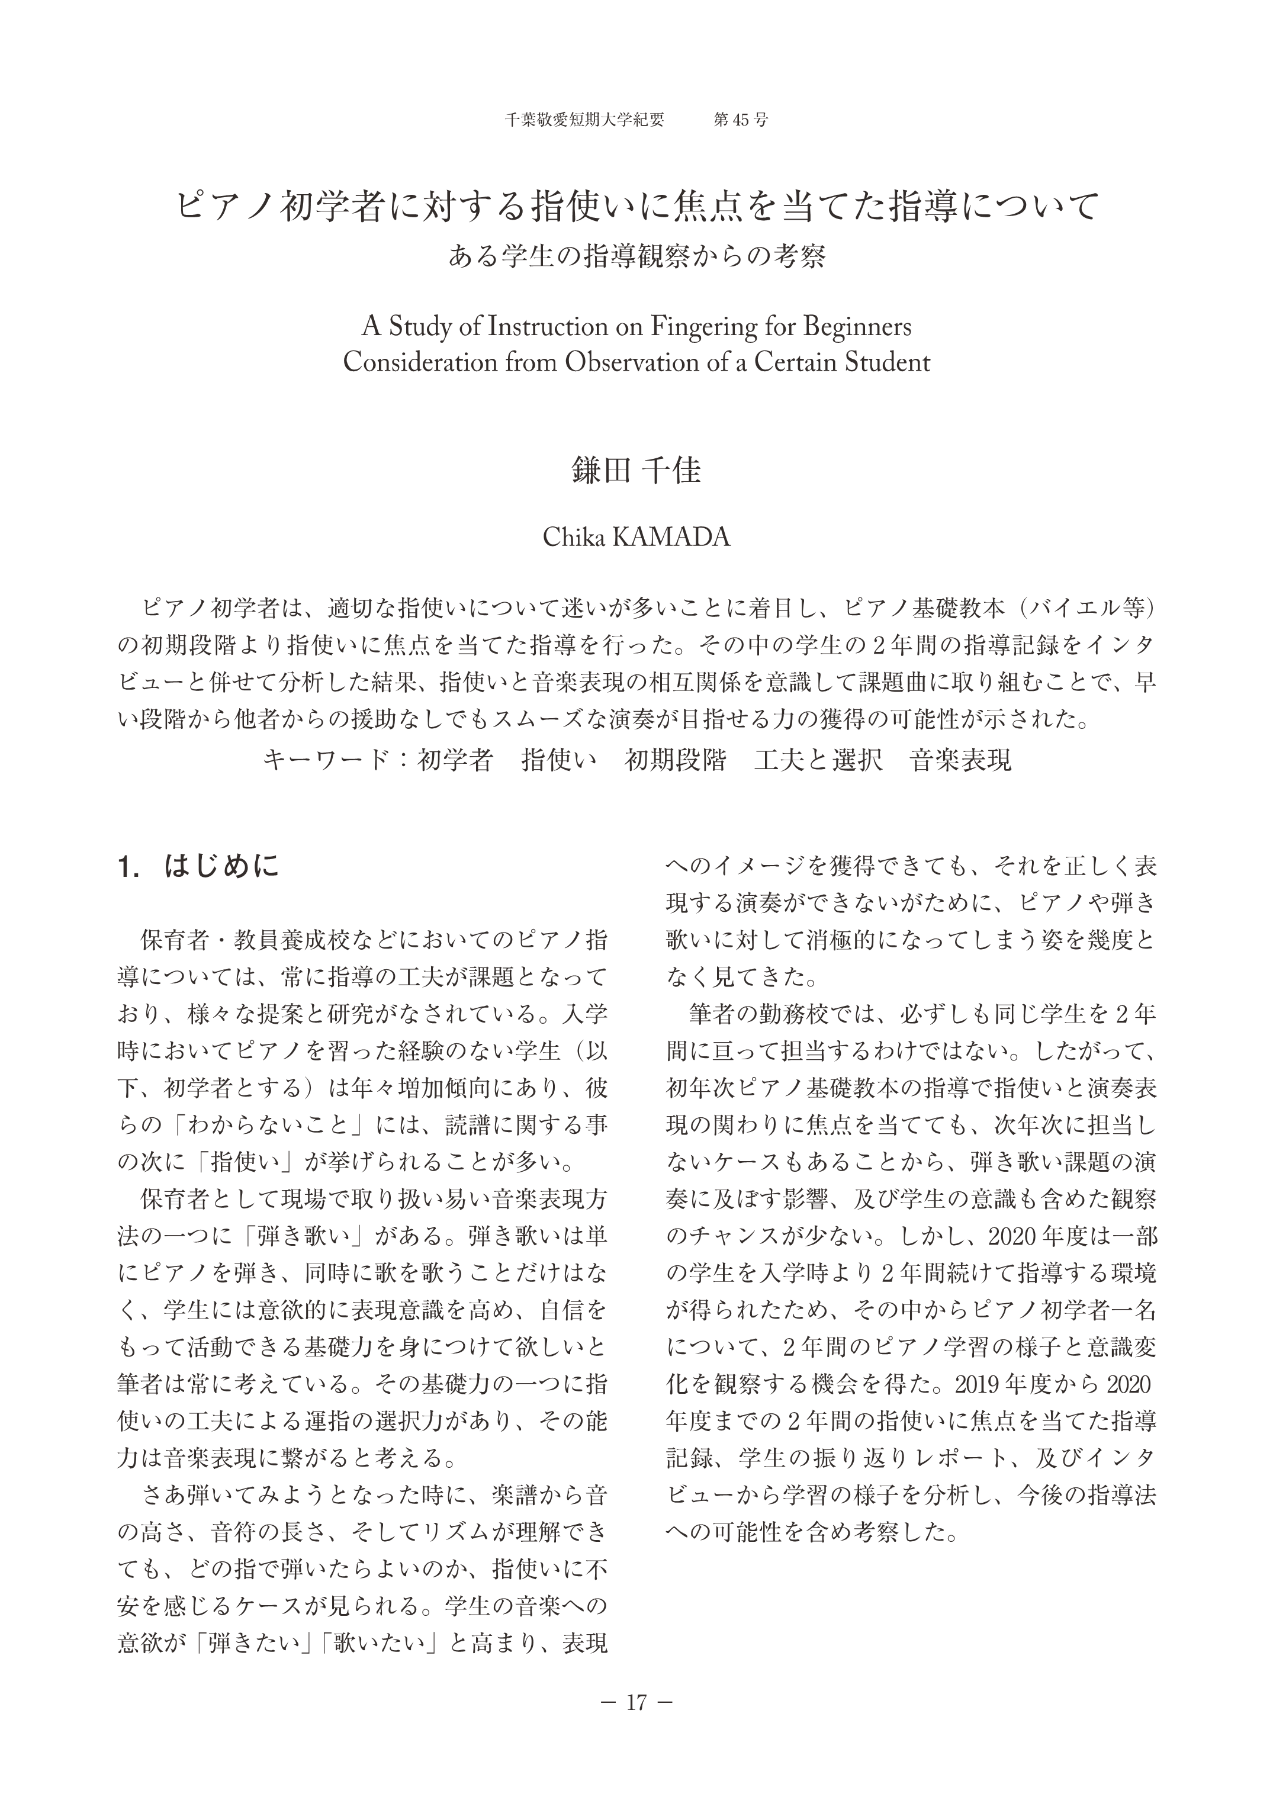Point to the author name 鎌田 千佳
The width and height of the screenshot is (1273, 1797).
point(636,470)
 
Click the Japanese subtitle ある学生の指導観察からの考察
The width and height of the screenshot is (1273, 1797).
point(636,256)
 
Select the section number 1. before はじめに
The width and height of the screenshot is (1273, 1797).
point(128,867)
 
